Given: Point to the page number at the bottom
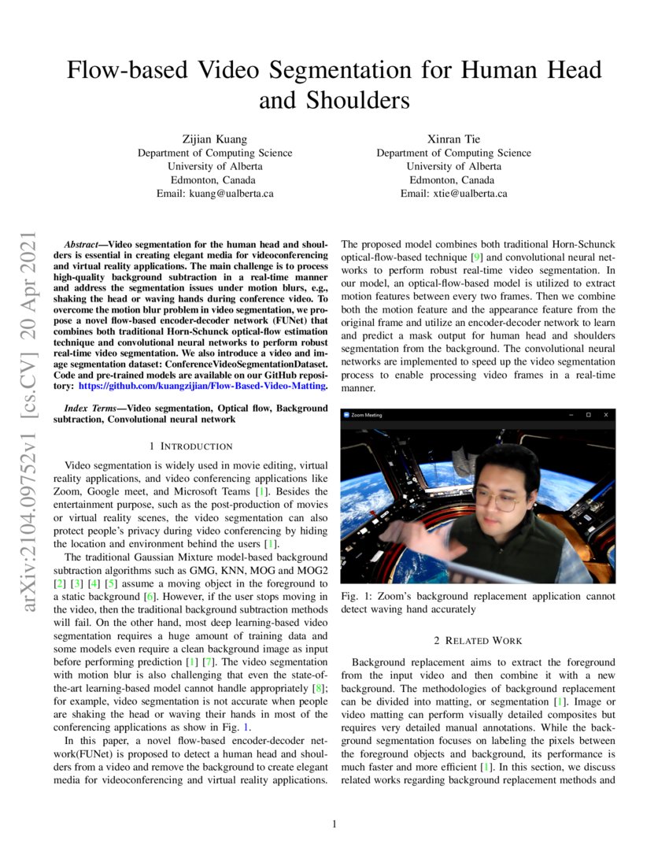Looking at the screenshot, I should pyautogui.click(x=334, y=824).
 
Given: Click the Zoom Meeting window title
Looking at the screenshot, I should pyautogui.click(x=367, y=415).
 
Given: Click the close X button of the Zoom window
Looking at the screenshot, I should pyautogui.click(x=605, y=414).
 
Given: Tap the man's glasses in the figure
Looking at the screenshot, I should pyautogui.click(x=496, y=500).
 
